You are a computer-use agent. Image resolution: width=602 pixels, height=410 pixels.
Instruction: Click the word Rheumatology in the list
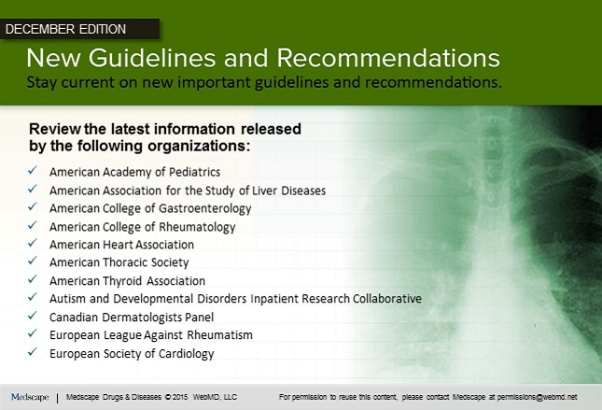[x=199, y=227]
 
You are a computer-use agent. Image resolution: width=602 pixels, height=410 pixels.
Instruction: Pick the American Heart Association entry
[x=121, y=245]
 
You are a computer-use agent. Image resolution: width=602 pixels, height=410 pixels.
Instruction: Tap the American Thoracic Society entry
[x=119, y=262]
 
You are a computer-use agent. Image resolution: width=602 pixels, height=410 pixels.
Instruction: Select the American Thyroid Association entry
[x=127, y=281]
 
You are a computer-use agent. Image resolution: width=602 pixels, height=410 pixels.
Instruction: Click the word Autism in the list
[x=66, y=299]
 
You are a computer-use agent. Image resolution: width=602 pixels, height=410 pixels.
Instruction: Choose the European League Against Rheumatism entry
[x=150, y=335]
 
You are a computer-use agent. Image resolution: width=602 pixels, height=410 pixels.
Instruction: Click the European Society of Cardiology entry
[x=132, y=354]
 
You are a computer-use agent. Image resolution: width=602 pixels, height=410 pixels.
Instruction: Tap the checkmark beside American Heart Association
[x=33, y=244]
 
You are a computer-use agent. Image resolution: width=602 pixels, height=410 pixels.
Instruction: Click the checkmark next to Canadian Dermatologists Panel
[x=33, y=317]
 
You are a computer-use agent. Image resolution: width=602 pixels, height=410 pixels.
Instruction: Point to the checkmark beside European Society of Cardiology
[x=33, y=353]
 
